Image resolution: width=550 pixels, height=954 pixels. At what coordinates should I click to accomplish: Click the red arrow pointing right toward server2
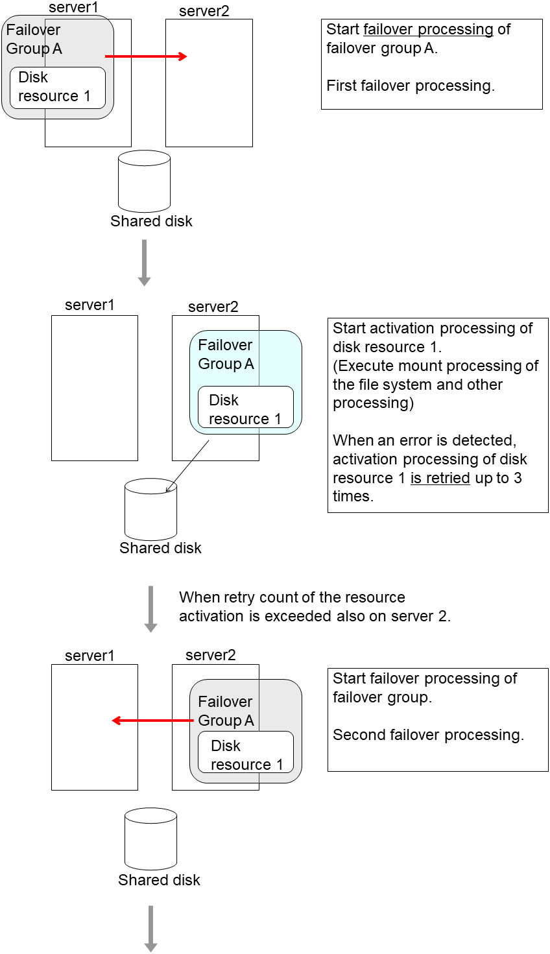tap(146, 56)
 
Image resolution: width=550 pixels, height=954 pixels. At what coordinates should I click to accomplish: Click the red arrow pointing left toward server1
tap(152, 721)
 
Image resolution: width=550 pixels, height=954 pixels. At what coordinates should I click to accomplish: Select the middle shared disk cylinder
tap(150, 510)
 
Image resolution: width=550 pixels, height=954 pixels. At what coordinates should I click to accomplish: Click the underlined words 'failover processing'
tap(429, 30)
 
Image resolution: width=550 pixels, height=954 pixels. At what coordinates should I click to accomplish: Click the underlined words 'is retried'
tap(440, 478)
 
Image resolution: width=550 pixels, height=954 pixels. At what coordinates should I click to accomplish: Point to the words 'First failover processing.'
tap(410, 86)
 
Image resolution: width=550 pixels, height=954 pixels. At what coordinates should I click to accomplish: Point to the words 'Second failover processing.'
tap(428, 735)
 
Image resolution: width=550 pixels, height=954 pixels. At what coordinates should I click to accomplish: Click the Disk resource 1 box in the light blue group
tap(246, 409)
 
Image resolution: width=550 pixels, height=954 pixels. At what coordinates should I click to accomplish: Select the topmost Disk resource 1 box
tap(58, 87)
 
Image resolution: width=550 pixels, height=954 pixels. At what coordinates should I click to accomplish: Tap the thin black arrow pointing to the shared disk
tap(188, 466)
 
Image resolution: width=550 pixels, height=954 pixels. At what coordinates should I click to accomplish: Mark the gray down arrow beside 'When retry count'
tap(150, 608)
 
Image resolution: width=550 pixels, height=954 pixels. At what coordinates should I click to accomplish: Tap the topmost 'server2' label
tap(204, 12)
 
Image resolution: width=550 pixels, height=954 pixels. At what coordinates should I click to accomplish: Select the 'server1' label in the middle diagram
tap(90, 305)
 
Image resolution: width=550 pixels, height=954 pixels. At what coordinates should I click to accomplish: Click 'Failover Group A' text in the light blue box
tap(226, 355)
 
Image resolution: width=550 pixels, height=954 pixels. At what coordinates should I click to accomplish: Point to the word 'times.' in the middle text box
tap(353, 497)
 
